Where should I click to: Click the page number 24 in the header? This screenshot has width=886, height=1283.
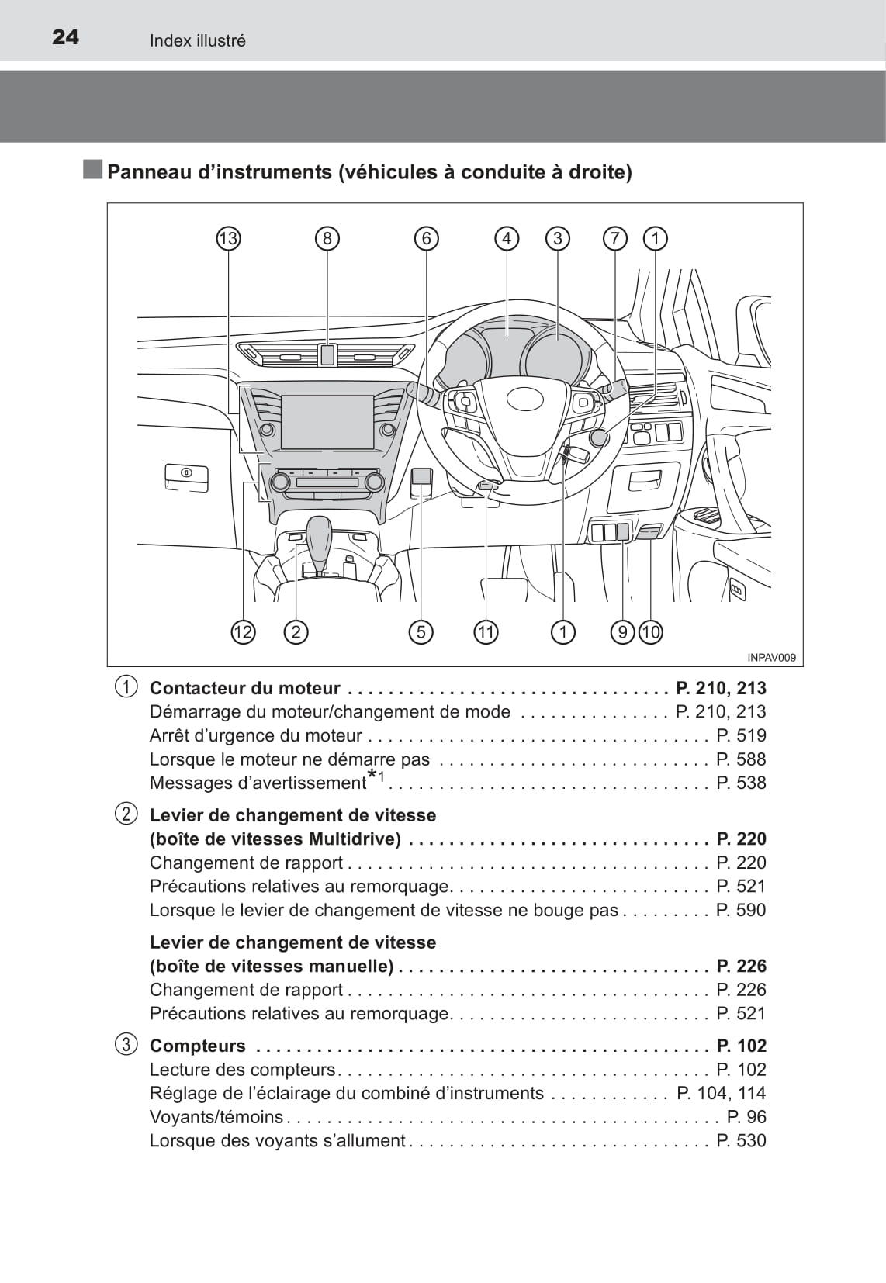(65, 37)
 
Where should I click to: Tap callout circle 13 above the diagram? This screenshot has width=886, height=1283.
(228, 238)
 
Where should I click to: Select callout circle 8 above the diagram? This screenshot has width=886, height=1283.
(327, 238)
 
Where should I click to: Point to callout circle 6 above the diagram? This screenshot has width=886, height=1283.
(426, 238)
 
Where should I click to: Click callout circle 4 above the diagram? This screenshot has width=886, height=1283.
(507, 238)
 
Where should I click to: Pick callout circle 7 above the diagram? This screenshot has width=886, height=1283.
(614, 238)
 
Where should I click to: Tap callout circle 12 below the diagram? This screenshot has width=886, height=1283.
(243, 632)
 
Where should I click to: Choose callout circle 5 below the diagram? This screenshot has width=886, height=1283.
(421, 632)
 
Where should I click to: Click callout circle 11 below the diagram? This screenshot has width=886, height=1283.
(486, 632)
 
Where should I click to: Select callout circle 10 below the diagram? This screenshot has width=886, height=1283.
(650, 632)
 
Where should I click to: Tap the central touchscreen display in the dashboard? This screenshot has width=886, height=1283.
(327, 422)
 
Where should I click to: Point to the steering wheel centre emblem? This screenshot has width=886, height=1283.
(526, 399)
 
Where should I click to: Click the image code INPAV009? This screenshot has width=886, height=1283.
(771, 658)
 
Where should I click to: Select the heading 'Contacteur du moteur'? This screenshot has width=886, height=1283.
(244, 688)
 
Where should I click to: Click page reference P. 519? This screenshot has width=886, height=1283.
(741, 735)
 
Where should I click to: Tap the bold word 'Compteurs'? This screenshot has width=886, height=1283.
(197, 1046)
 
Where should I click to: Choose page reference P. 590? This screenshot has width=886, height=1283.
(741, 910)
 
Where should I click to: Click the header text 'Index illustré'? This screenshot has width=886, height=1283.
(197, 40)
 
